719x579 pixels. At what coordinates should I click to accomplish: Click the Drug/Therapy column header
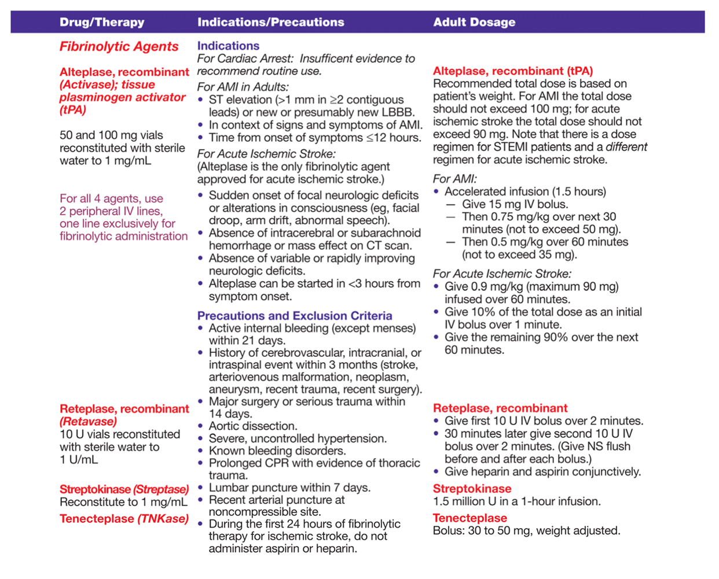tap(102, 23)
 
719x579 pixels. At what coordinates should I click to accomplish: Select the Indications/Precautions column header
tap(270, 23)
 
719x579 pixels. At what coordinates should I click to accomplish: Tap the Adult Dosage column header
tap(474, 23)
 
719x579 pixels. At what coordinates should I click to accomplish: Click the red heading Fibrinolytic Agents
tap(119, 47)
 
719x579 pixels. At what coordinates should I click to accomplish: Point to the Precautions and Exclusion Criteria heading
tap(295, 316)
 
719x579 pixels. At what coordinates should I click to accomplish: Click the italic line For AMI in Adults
tap(243, 87)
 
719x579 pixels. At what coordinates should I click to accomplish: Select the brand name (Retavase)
tap(88, 422)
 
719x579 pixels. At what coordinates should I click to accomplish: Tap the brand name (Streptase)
tap(160, 489)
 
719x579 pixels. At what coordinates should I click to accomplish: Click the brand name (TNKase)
tap(163, 519)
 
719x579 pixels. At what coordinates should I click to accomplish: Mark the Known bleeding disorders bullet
tap(277, 451)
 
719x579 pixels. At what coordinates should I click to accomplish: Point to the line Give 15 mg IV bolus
tap(515, 204)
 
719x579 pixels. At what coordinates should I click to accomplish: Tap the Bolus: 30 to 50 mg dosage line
tap(526, 531)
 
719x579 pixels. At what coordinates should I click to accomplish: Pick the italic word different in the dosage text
tap(626, 147)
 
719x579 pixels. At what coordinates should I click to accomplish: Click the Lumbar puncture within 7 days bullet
tap(289, 488)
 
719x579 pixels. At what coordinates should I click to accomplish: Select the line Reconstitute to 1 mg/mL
tap(123, 502)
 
